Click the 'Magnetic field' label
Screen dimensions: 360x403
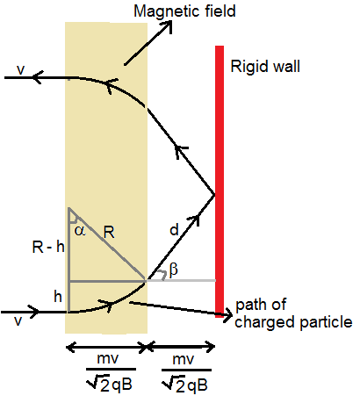[x=184, y=12]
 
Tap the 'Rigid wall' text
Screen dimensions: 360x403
[x=265, y=67]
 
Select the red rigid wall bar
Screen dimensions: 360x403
[x=220, y=182]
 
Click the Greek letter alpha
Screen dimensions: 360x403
[x=80, y=231]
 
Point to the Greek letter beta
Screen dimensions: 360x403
[x=174, y=269]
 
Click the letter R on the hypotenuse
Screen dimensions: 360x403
[x=109, y=233]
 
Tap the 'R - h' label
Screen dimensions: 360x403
[x=48, y=247]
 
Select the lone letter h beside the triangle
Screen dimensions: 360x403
[x=58, y=297]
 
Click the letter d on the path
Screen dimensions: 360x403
[x=174, y=230]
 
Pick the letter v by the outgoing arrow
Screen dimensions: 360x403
[x=21, y=70]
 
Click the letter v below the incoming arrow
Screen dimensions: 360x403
[x=18, y=321]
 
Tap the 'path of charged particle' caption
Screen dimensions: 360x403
[x=293, y=313]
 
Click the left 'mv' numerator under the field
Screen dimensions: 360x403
[x=108, y=358]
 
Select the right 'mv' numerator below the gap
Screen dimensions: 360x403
[x=184, y=359]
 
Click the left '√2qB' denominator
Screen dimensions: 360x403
[x=110, y=383]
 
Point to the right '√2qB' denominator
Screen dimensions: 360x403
[x=185, y=384]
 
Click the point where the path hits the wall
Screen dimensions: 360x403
[x=215, y=194]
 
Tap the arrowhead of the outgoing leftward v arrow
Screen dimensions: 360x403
[x=38, y=77]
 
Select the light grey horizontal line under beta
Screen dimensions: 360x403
[x=182, y=280]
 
